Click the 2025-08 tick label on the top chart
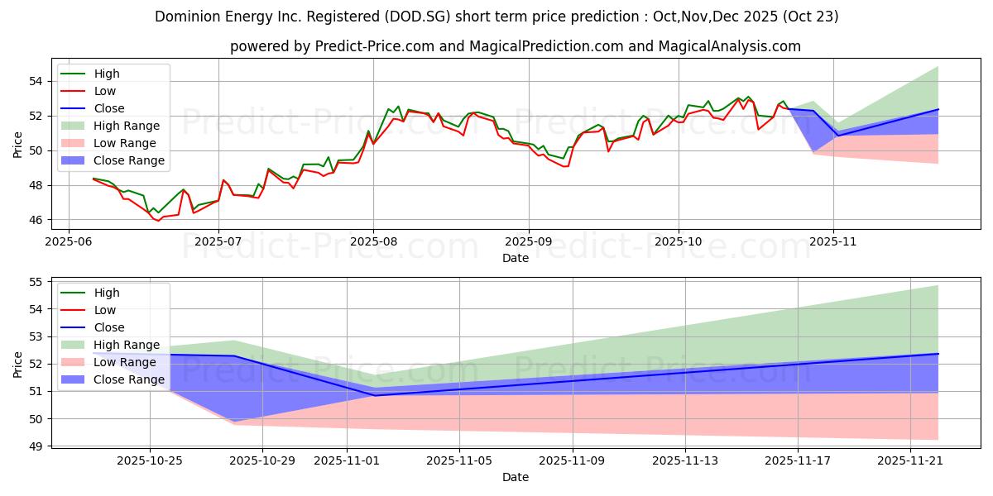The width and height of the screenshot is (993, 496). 373,243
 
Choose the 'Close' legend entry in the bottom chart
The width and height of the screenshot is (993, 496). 109,327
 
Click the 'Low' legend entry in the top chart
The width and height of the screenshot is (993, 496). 105,91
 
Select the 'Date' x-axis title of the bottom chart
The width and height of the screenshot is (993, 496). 516,477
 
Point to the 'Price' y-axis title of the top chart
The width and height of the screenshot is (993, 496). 18,145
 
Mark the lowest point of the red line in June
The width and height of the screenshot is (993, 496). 158,221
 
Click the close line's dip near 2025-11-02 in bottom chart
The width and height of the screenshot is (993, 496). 375,395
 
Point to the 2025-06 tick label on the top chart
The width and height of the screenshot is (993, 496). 68,243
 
